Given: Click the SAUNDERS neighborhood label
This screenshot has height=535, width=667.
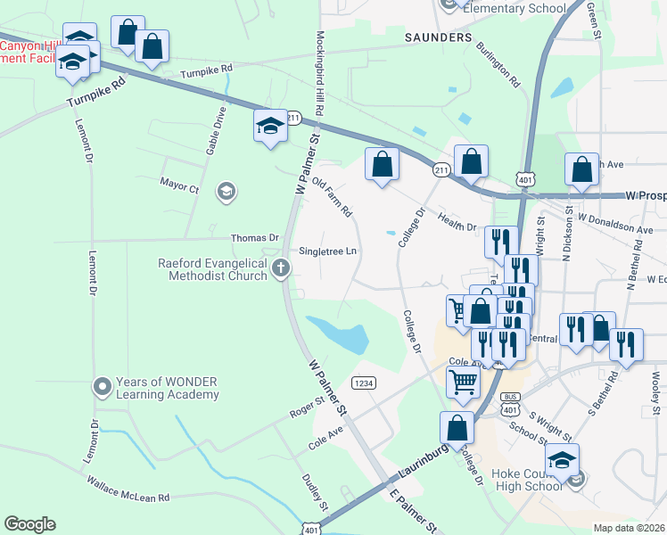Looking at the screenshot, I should click(438, 38).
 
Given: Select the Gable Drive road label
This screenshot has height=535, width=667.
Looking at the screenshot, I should click(215, 131).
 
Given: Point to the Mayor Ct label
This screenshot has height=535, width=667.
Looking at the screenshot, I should click(179, 187).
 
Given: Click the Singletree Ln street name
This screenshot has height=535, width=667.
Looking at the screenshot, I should click(328, 251).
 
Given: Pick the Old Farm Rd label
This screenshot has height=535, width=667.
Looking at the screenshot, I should click(333, 197).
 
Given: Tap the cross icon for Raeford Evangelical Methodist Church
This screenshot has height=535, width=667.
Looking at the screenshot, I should click(281, 268).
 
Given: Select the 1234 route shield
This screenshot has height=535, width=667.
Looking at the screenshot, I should click(362, 383).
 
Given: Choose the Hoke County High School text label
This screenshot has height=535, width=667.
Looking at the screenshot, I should click(526, 480).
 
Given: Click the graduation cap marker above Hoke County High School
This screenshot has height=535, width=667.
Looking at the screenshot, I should click(562, 460).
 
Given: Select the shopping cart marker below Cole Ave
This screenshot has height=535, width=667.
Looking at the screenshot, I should click(464, 383).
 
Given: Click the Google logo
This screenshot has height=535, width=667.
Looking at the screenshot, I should click(29, 524).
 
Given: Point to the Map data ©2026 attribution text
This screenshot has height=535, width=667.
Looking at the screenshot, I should click(630, 528).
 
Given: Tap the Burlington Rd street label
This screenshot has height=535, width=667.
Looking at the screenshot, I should click(498, 64).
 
